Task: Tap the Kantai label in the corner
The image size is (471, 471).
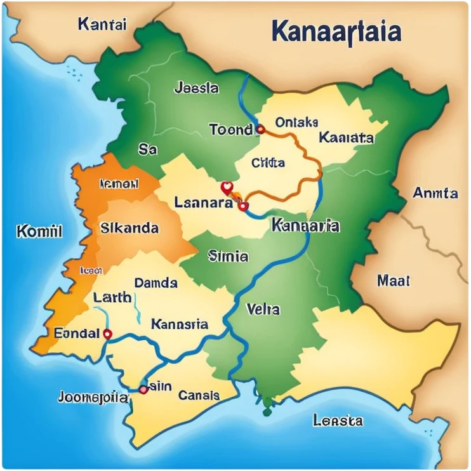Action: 102,25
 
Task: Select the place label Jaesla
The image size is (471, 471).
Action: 196,88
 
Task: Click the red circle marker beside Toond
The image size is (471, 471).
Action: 260,129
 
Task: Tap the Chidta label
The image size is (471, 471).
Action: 268,163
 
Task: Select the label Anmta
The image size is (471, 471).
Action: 435,192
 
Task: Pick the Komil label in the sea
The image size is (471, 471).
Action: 39,231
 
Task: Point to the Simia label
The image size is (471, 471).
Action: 228,256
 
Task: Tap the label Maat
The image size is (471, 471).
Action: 394,280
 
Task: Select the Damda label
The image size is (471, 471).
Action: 156,283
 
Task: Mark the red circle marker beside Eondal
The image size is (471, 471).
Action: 107,333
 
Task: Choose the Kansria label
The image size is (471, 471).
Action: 180,324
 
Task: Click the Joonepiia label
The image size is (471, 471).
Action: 93,398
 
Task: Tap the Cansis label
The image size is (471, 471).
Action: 199,395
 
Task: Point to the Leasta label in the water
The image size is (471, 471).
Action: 338,420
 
